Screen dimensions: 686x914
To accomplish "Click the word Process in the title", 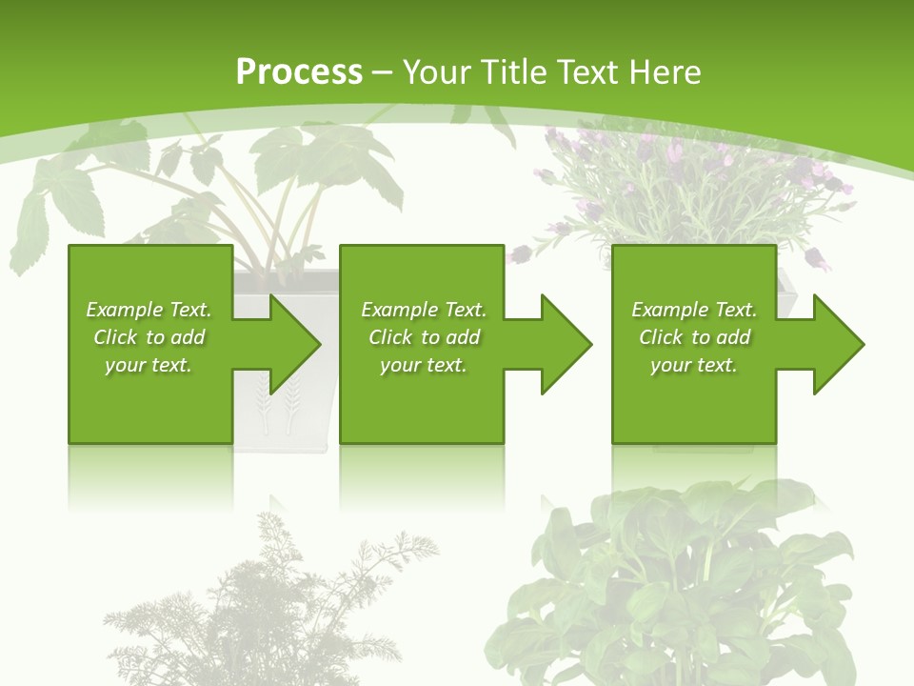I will (x=299, y=72).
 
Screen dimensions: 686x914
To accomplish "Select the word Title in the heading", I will (x=514, y=72).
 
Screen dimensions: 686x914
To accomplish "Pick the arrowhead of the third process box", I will (x=837, y=344).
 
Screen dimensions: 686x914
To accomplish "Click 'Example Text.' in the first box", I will (x=149, y=310).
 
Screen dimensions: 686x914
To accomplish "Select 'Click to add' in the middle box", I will (x=424, y=337).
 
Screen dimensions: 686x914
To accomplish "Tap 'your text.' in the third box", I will (x=694, y=365).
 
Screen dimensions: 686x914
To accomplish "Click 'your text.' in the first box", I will (x=149, y=365).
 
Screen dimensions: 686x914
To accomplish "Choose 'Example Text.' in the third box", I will (x=694, y=310).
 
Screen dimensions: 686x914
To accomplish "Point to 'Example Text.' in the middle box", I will (x=424, y=310).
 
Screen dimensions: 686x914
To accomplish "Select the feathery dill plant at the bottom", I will (x=276, y=610).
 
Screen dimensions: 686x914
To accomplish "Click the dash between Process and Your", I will (x=383, y=72).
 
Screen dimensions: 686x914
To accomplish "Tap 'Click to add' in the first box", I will (x=149, y=337).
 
